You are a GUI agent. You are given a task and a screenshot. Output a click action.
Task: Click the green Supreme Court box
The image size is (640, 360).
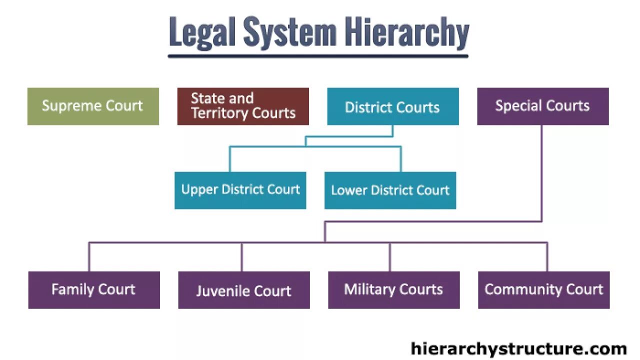click(93, 106)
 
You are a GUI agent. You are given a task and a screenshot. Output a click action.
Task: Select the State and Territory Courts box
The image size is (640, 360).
click(243, 106)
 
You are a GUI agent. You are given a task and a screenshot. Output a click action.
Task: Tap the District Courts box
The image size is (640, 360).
click(392, 106)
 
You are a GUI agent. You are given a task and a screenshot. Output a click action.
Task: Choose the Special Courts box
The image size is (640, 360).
click(542, 106)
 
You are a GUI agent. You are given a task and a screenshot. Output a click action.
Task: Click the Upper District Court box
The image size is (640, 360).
click(240, 190)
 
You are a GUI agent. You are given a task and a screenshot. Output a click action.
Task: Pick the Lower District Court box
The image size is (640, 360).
click(390, 190)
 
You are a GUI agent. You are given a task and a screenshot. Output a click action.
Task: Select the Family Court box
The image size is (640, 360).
click(93, 289)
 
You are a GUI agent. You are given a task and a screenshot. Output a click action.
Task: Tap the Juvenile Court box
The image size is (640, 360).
click(243, 290)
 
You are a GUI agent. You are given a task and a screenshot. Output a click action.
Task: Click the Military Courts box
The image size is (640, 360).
click(393, 289)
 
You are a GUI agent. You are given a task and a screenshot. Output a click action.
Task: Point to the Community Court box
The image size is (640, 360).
click(543, 289)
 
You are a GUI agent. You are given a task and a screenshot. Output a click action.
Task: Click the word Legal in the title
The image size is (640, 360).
click(201, 32)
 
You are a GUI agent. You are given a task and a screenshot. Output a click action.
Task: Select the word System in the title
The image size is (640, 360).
click(289, 32)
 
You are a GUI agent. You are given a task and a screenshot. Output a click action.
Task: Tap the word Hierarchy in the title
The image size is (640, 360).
click(406, 32)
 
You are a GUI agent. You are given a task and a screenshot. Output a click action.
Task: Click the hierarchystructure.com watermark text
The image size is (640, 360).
click(518, 348)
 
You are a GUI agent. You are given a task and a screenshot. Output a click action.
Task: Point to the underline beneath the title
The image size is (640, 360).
click(318, 55)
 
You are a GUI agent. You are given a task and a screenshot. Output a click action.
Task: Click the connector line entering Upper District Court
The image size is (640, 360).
click(230, 159)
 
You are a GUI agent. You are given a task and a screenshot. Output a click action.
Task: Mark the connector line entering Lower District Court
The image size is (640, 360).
click(401, 159)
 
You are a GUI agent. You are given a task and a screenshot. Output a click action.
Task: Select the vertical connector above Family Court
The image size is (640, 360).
click(89, 257)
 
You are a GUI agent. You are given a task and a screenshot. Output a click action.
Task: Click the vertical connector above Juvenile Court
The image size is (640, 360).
click(242, 257)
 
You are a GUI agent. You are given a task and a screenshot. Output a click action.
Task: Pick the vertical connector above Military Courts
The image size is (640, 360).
click(390, 257)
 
